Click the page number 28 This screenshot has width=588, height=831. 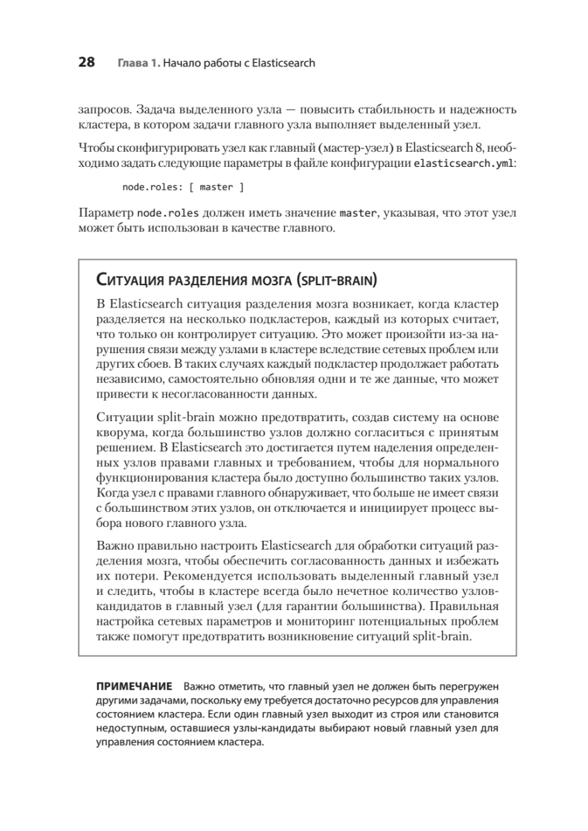86,63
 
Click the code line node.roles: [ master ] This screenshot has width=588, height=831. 183,187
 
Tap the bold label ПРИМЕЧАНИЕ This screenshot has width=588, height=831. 134,687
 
